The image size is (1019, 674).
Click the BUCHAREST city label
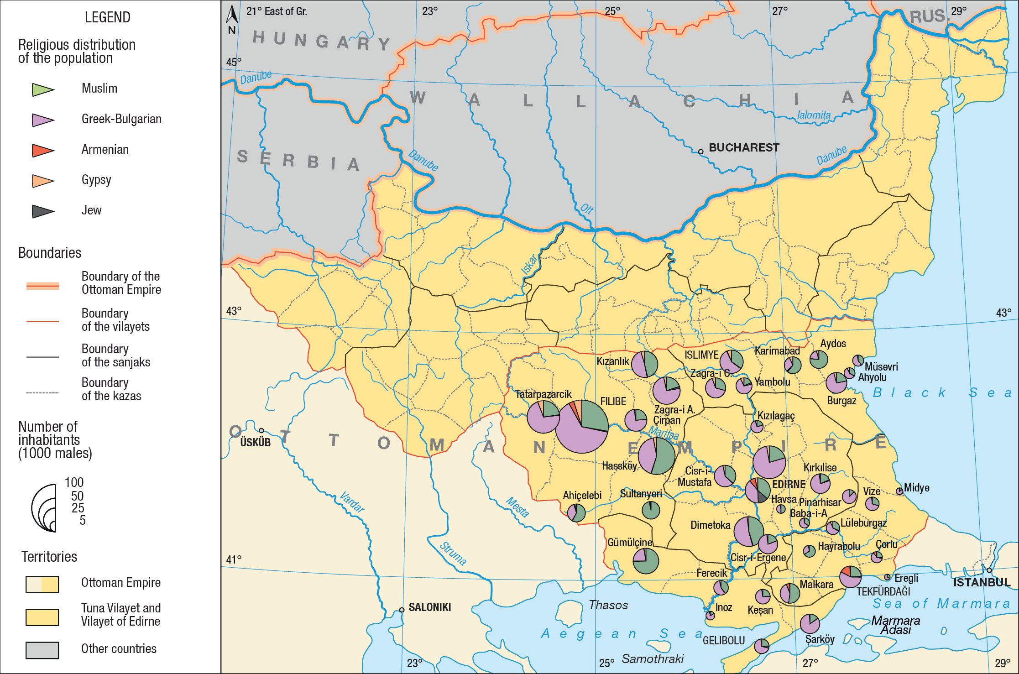click(x=743, y=147)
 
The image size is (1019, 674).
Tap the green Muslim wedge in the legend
click(x=42, y=89)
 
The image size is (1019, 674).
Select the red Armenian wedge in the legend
click(x=42, y=150)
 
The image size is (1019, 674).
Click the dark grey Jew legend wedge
click(x=42, y=211)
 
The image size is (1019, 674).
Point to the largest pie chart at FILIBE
click(x=582, y=427)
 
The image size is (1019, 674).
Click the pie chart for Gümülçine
click(x=646, y=561)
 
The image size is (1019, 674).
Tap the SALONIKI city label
click(x=429, y=607)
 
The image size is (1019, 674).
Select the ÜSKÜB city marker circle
click(x=261, y=430)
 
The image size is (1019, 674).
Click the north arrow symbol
click(x=232, y=15)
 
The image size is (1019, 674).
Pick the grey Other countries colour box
click(x=42, y=650)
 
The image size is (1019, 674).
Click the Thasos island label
click(x=608, y=605)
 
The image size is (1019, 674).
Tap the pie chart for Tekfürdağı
click(x=850, y=576)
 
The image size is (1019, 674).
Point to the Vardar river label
click(x=352, y=502)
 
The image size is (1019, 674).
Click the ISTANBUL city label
click(x=982, y=582)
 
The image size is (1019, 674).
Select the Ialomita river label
click(x=814, y=115)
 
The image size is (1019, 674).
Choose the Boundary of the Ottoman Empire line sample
click(x=42, y=286)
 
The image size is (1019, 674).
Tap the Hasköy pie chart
click(x=656, y=456)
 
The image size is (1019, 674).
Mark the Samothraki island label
click(x=653, y=658)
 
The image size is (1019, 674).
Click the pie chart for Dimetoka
click(x=748, y=532)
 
